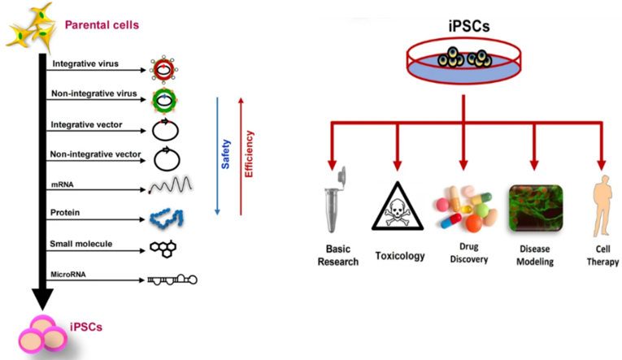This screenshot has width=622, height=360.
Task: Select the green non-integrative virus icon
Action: pyautogui.click(x=164, y=98)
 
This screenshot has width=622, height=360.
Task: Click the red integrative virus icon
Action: pyautogui.click(x=164, y=69)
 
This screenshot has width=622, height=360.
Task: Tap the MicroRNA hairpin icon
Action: pyautogui.click(x=172, y=280)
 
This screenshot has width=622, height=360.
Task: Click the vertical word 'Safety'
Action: pyautogui.click(x=226, y=154)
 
